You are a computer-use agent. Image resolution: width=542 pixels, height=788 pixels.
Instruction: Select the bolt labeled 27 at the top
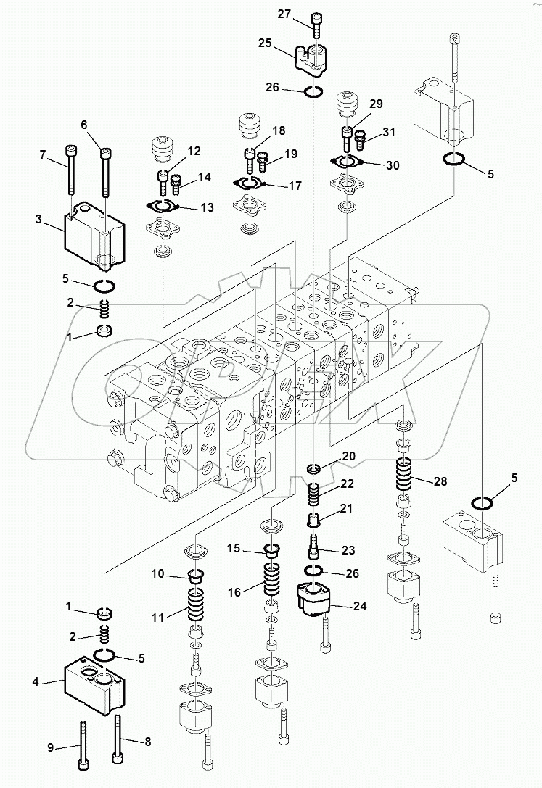pyautogui.click(x=316, y=25)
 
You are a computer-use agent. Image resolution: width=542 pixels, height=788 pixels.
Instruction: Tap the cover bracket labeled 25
pyautogui.click(x=313, y=58)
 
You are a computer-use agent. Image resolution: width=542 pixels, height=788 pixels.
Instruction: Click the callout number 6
pyautogui.click(x=85, y=125)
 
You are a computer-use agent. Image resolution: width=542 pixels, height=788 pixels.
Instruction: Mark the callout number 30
pyautogui.click(x=392, y=165)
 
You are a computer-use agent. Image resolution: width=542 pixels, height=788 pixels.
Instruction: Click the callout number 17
pyautogui.click(x=295, y=186)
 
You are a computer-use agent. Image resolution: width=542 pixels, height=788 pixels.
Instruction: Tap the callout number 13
pyautogui.click(x=208, y=208)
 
